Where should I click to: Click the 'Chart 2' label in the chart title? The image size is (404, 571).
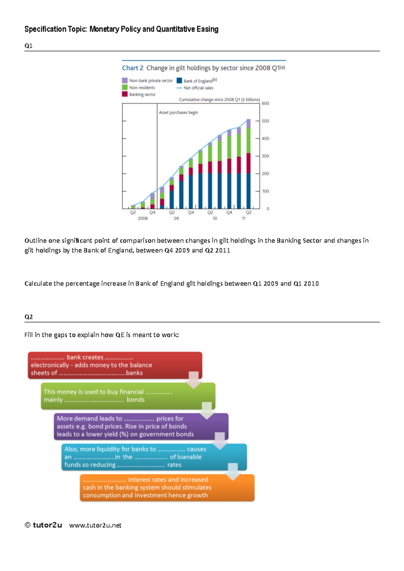(x=133, y=68)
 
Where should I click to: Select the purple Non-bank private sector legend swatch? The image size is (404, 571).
(x=125, y=81)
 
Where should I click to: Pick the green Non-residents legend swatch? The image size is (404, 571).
(x=125, y=87)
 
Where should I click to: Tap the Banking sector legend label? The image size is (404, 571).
(x=142, y=94)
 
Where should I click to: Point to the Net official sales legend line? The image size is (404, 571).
(x=179, y=88)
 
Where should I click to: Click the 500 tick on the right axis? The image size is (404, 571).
(x=265, y=121)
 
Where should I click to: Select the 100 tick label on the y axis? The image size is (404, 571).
(x=265, y=191)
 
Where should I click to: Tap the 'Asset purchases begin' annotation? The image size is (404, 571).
(x=178, y=113)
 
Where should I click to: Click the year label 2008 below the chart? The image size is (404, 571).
(x=143, y=219)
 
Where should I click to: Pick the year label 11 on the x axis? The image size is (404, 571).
(x=244, y=219)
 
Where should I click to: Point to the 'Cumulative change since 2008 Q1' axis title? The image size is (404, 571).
(x=219, y=100)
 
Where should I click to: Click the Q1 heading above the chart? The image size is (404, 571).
(x=29, y=46)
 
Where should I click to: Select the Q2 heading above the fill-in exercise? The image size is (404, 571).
(x=29, y=317)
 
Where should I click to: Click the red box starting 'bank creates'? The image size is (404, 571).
(x=114, y=365)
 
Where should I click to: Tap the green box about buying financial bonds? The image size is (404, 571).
(x=128, y=396)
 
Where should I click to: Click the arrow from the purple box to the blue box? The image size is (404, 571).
(x=220, y=441)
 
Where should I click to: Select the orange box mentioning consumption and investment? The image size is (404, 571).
(x=167, y=488)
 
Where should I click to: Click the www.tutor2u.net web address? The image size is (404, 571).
(x=95, y=525)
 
